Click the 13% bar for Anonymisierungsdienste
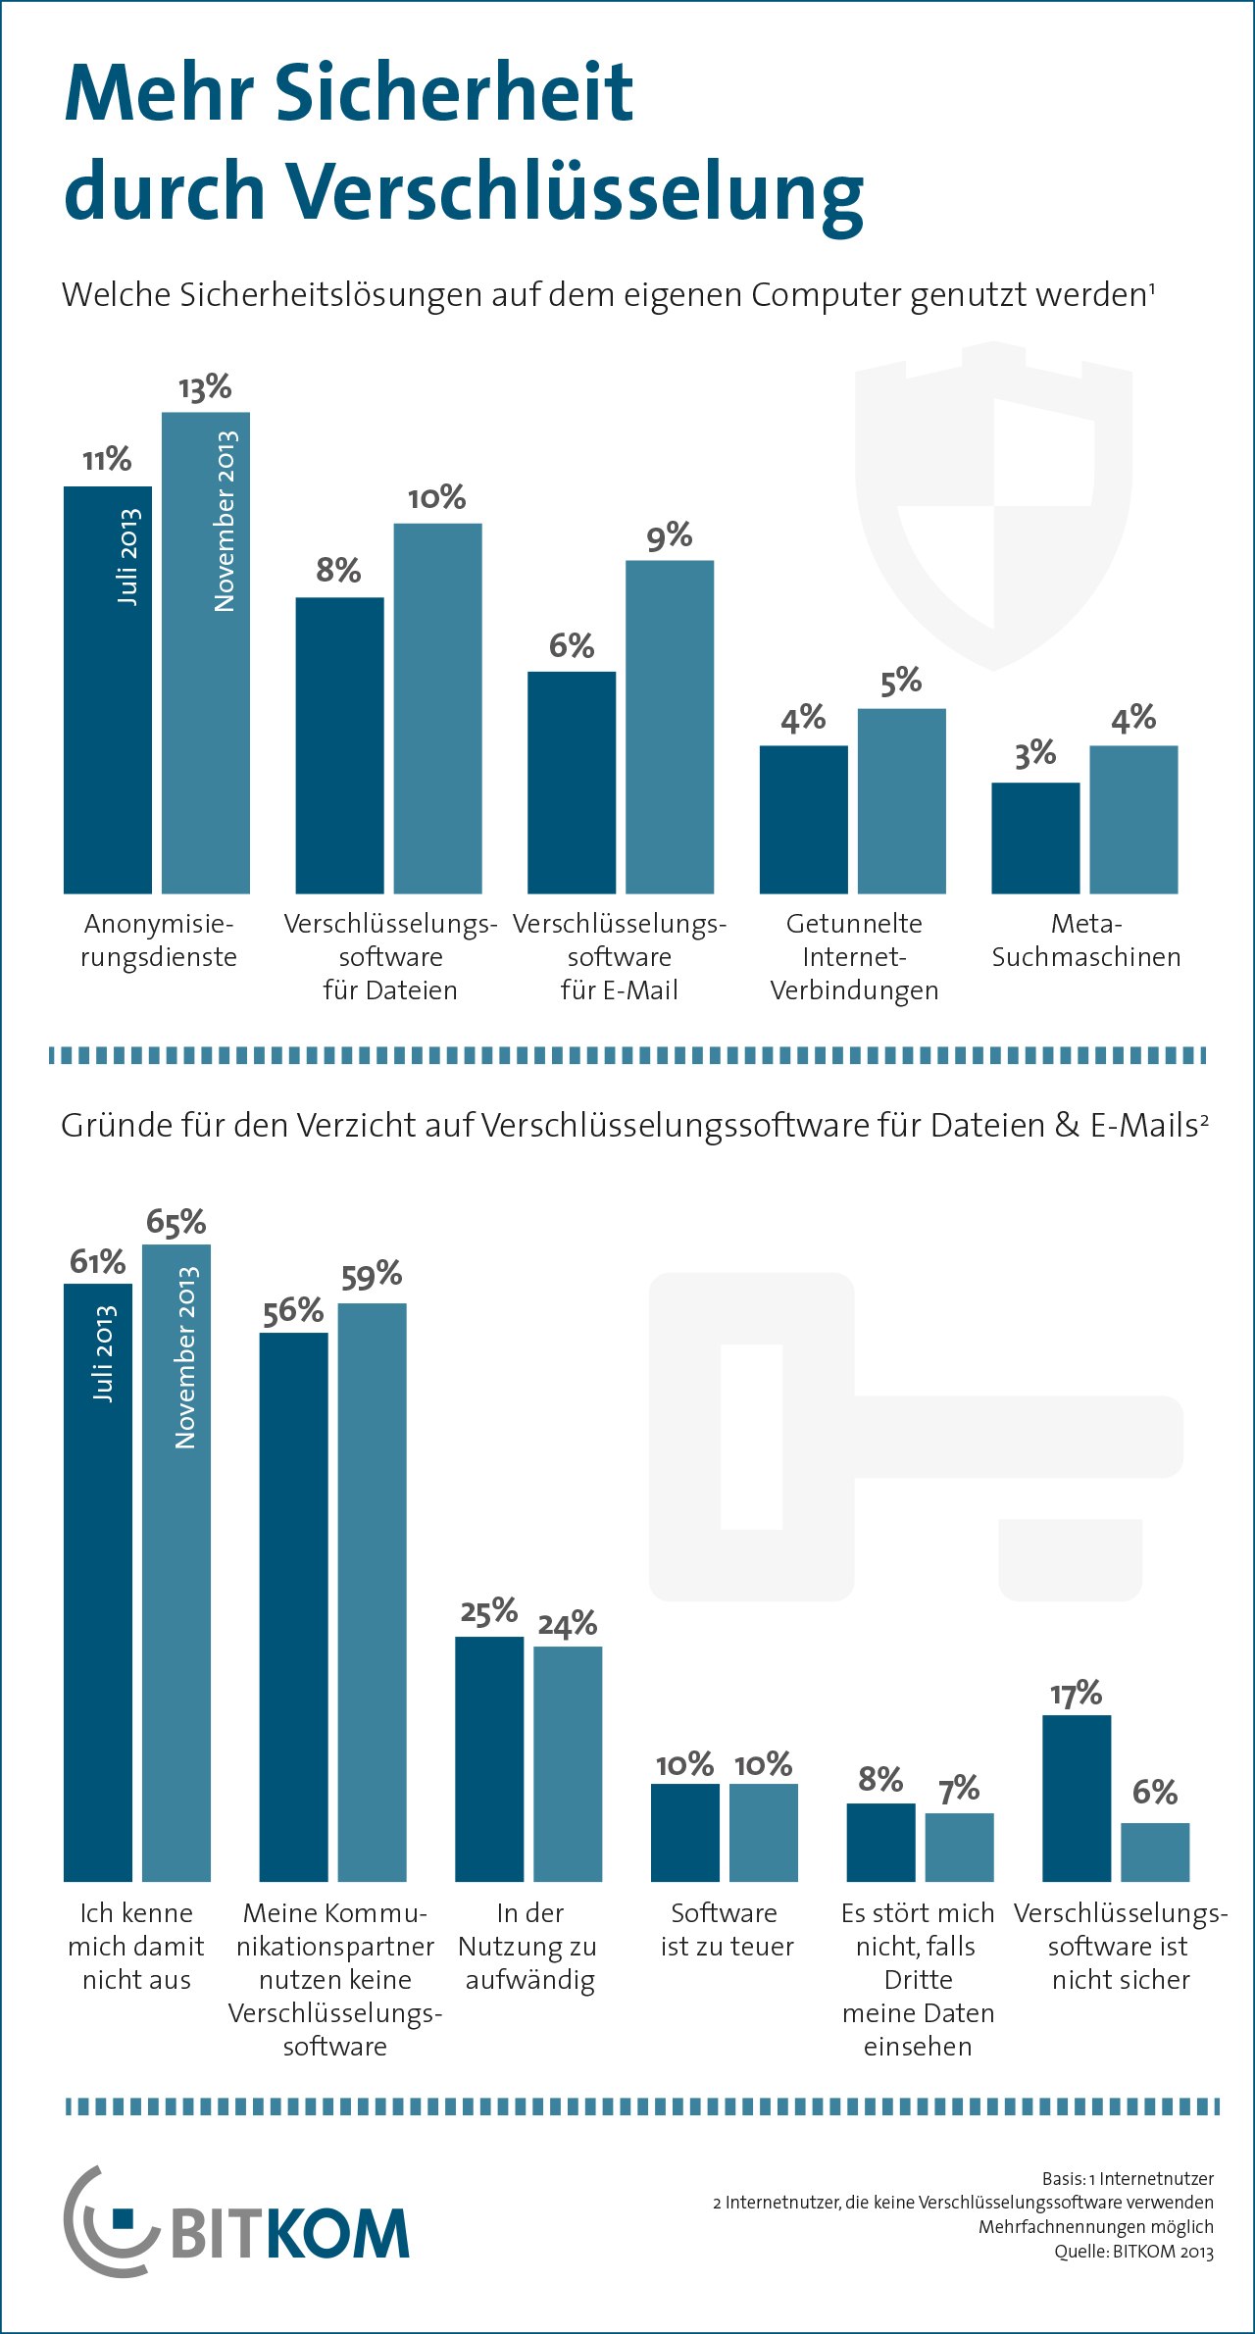tap(206, 686)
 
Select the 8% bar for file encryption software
tap(339, 745)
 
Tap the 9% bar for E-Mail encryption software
tap(670, 726)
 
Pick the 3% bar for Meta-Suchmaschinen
tap(1035, 838)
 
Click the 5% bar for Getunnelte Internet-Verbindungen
tap(901, 800)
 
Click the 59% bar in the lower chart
tap(372, 1589)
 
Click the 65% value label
tap(176, 1222)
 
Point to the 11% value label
tap(107, 460)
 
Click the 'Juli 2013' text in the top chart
tap(128, 557)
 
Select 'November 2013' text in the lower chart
tap(185, 1357)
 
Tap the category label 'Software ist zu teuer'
tap(726, 1929)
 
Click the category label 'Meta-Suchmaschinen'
tap(1086, 939)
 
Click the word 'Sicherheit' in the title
tap(453, 93)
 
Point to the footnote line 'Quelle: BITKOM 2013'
tap(1133, 2252)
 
